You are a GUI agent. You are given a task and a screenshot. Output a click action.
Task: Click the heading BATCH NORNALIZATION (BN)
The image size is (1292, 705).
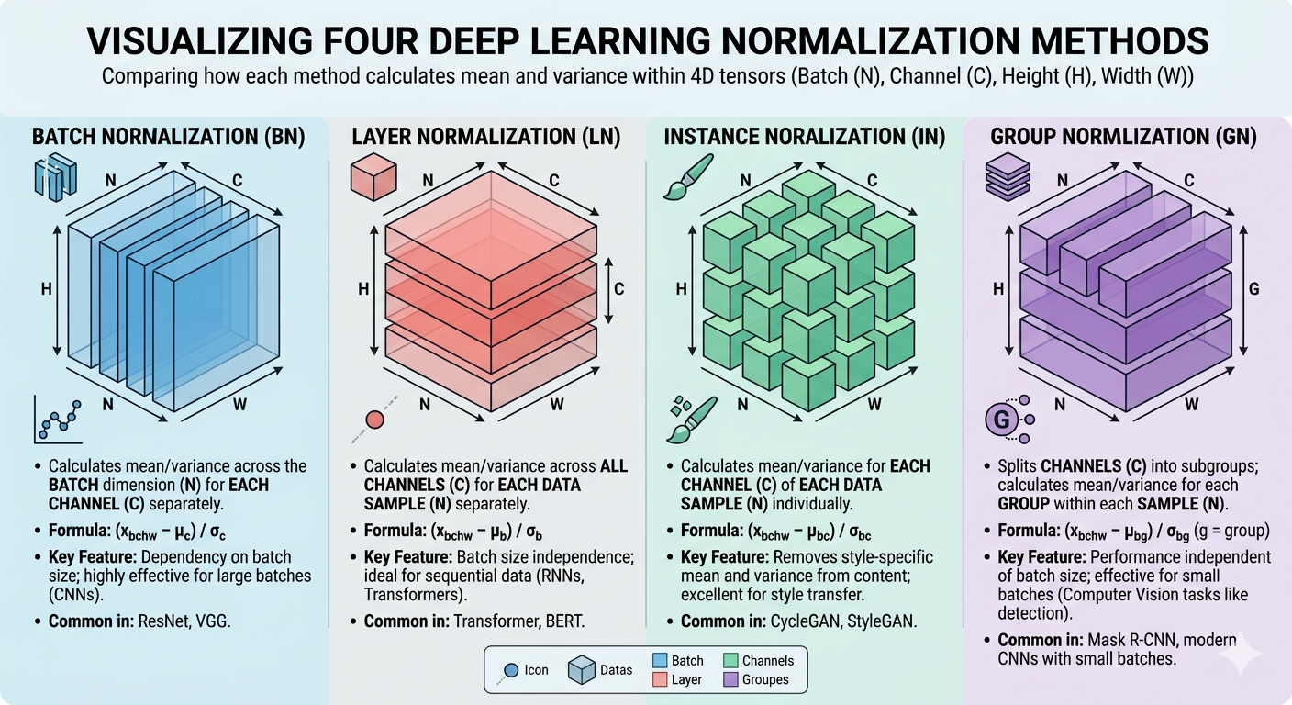pos(168,138)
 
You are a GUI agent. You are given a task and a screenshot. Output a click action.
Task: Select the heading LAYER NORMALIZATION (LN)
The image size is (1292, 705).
pos(486,138)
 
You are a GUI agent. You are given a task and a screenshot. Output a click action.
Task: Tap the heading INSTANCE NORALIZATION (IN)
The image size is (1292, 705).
pos(804,138)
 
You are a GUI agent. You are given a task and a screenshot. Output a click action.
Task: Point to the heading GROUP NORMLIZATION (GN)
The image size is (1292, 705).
pos(1124,138)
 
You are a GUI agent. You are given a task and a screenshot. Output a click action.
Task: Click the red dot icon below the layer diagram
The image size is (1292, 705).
pos(374,420)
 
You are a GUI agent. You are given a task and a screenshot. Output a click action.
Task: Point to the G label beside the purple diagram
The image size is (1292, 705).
pos(1254,290)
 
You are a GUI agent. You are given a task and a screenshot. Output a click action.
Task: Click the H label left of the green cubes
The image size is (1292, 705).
pos(681,289)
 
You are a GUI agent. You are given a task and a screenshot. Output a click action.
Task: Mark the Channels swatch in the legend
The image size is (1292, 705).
pos(730,661)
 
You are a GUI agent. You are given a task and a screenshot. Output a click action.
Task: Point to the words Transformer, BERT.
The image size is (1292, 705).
pos(519,621)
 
